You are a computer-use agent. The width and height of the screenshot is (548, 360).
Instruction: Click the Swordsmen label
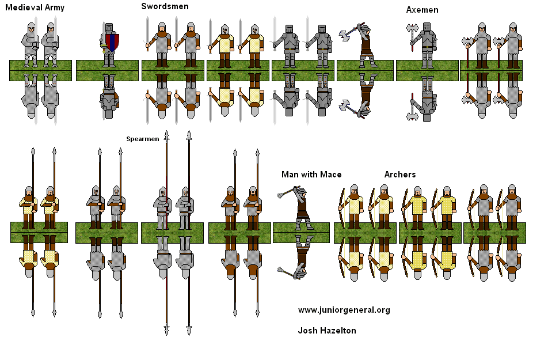pyautogui.click(x=165, y=6)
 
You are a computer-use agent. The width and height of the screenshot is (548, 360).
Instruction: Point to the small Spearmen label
pyautogui.click(x=142, y=139)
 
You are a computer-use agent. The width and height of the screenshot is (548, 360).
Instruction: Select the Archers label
pyautogui.click(x=399, y=174)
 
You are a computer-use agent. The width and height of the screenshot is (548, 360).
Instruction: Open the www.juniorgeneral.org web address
pyautogui.click(x=344, y=310)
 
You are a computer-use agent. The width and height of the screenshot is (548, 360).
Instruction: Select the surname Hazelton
pyautogui.click(x=338, y=331)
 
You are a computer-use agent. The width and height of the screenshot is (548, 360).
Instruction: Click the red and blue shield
pyautogui.click(x=113, y=43)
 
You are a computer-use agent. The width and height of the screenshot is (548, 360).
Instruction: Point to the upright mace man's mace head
pyautogui.click(x=282, y=195)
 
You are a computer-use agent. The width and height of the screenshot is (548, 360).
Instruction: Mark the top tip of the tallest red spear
pyautogui.click(x=189, y=135)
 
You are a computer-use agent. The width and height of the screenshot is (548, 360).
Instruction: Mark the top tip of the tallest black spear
pyautogui.click(x=167, y=135)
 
